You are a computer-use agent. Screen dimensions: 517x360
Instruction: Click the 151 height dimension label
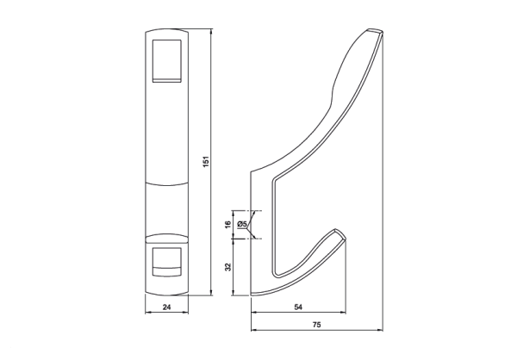[x=206, y=161]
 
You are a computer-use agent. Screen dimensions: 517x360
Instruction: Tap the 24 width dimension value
[x=167, y=307]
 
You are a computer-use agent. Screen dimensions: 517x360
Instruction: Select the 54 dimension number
[x=298, y=307]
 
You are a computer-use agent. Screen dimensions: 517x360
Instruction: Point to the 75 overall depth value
[x=316, y=325]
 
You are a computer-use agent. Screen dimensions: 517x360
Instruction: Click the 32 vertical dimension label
[x=227, y=267]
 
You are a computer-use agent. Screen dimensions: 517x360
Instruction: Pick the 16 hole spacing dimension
[x=227, y=225]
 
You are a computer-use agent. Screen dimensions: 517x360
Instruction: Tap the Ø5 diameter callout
[x=241, y=224]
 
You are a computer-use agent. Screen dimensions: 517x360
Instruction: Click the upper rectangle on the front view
[x=167, y=60]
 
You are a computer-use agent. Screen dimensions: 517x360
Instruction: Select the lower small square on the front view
[x=167, y=261]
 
